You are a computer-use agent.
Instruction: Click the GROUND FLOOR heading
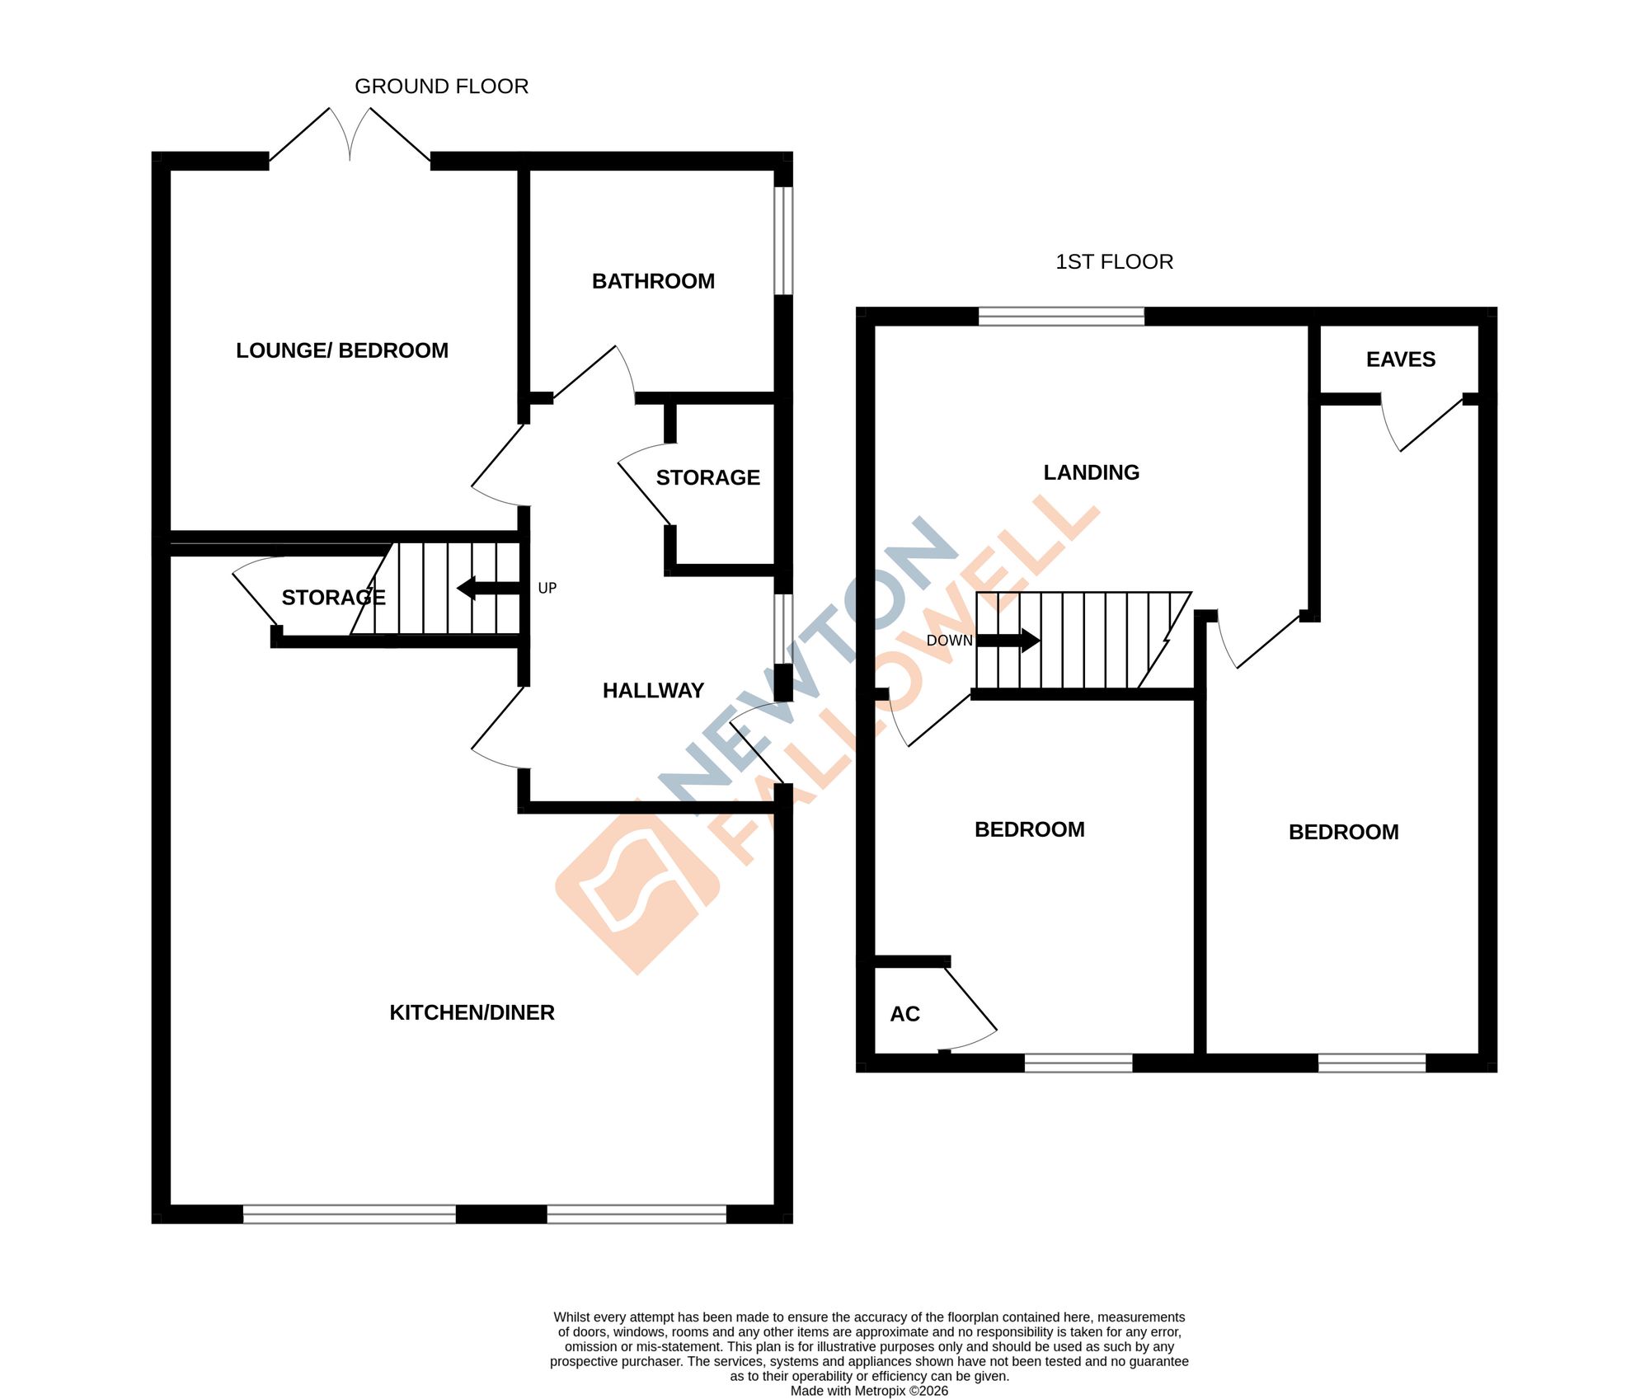[x=441, y=87]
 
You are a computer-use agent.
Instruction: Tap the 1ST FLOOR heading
[x=1114, y=262]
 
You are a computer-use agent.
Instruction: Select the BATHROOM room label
[x=653, y=281]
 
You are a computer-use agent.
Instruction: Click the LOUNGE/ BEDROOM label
[x=342, y=350]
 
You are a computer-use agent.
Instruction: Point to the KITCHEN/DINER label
[x=472, y=1012]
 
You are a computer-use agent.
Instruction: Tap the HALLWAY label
[x=653, y=691]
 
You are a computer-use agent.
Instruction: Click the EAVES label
[x=1400, y=359]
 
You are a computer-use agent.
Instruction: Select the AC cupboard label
[x=904, y=1014]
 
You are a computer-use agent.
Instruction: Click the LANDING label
[x=1091, y=472]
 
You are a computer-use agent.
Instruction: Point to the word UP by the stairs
[x=547, y=589]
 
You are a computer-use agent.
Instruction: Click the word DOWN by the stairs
[x=949, y=641]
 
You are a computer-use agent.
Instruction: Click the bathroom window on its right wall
[x=782, y=241]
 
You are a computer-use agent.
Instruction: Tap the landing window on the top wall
[x=1061, y=317]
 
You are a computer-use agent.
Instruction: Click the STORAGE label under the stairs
[x=333, y=598]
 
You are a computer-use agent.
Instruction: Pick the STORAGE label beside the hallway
[x=707, y=478]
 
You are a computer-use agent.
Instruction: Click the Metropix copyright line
[x=869, y=1391]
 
